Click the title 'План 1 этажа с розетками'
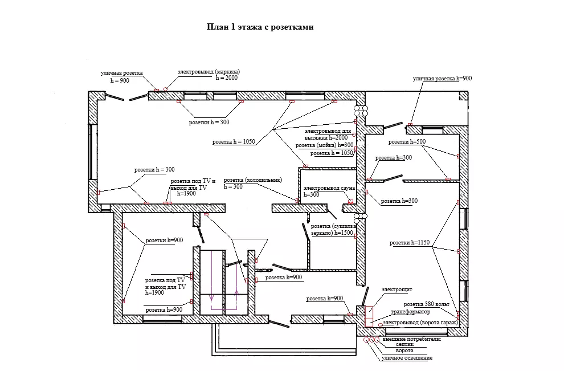[260, 27]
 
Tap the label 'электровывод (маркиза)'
[209, 72]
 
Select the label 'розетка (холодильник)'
[253, 180]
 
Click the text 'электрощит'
[397, 290]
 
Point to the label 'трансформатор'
[410, 312]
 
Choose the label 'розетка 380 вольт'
[426, 304]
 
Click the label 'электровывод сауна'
[329, 188]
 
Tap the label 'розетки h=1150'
[410, 243]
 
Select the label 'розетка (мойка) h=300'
[325, 145]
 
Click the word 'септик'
[404, 344]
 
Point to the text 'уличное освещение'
[407, 358]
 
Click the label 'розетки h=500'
[407, 142]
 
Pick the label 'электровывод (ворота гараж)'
[420, 323]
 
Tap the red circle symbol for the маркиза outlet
[165, 89]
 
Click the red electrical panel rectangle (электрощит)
[369, 316]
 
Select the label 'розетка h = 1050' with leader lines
[234, 142]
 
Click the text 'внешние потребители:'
[412, 339]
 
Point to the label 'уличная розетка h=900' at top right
[442, 79]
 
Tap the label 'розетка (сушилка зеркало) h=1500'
[333, 230]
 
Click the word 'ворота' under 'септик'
[404, 350]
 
